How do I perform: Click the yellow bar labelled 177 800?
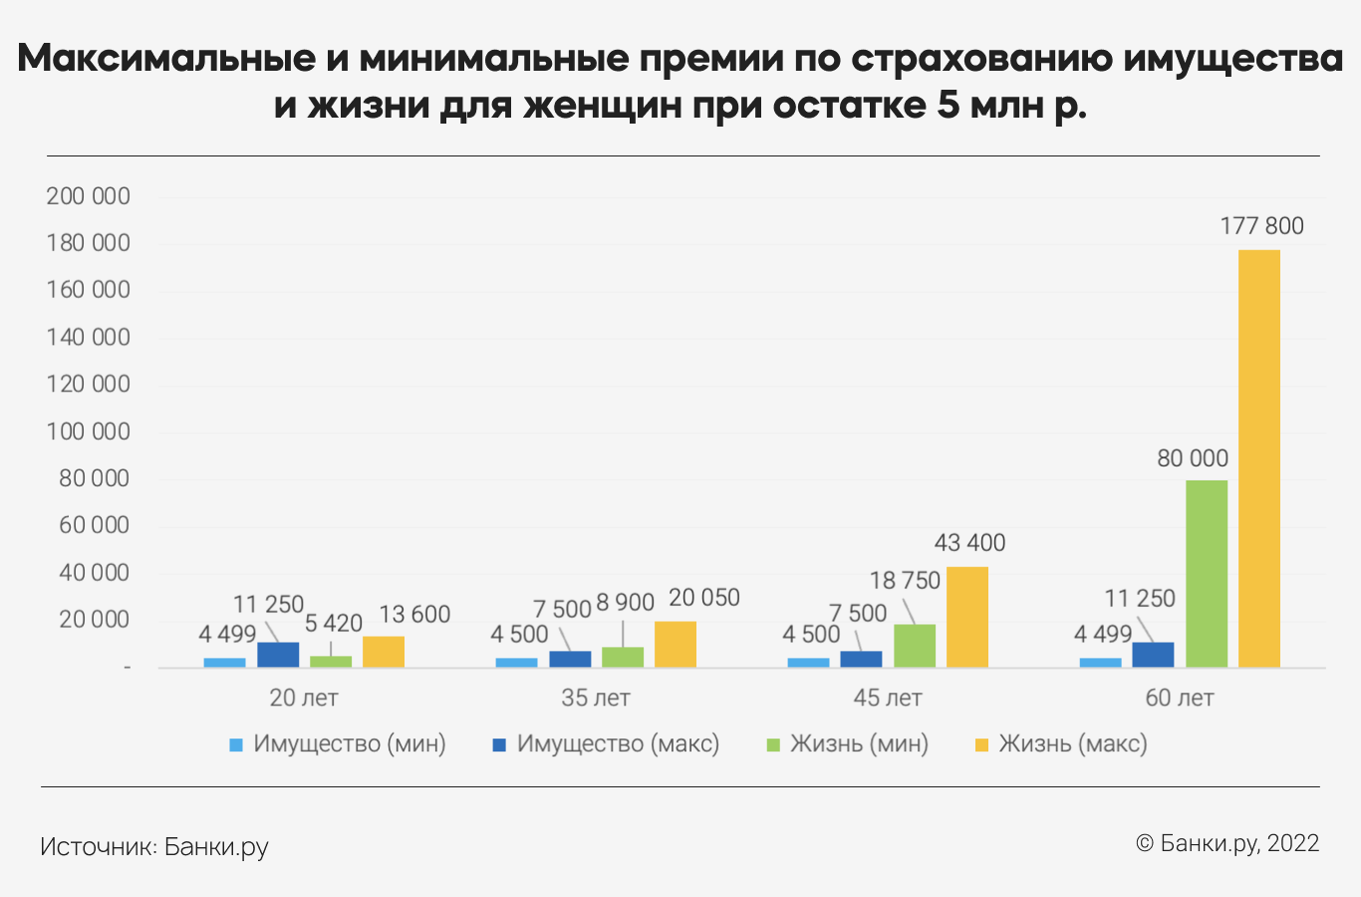pos(1258,458)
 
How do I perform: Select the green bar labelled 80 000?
pos(1206,574)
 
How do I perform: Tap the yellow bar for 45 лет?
pos(966,617)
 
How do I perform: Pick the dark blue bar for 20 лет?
pos(278,655)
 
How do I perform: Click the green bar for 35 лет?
pos(623,658)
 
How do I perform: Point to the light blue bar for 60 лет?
pos(1100,663)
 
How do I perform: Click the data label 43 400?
pos(969,543)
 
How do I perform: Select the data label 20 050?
pos(703,598)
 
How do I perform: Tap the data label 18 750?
pos(905,581)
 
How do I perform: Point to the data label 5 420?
pos(333,624)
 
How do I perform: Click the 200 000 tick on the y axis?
pos(89,196)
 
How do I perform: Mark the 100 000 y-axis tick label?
pos(89,432)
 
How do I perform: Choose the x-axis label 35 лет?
pos(595,698)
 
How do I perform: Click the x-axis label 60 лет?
pos(1179,698)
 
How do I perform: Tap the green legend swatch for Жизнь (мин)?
pos(773,745)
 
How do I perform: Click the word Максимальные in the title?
pos(165,59)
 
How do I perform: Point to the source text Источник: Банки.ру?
pos(154,847)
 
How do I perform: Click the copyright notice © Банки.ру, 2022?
pos(1227,843)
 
